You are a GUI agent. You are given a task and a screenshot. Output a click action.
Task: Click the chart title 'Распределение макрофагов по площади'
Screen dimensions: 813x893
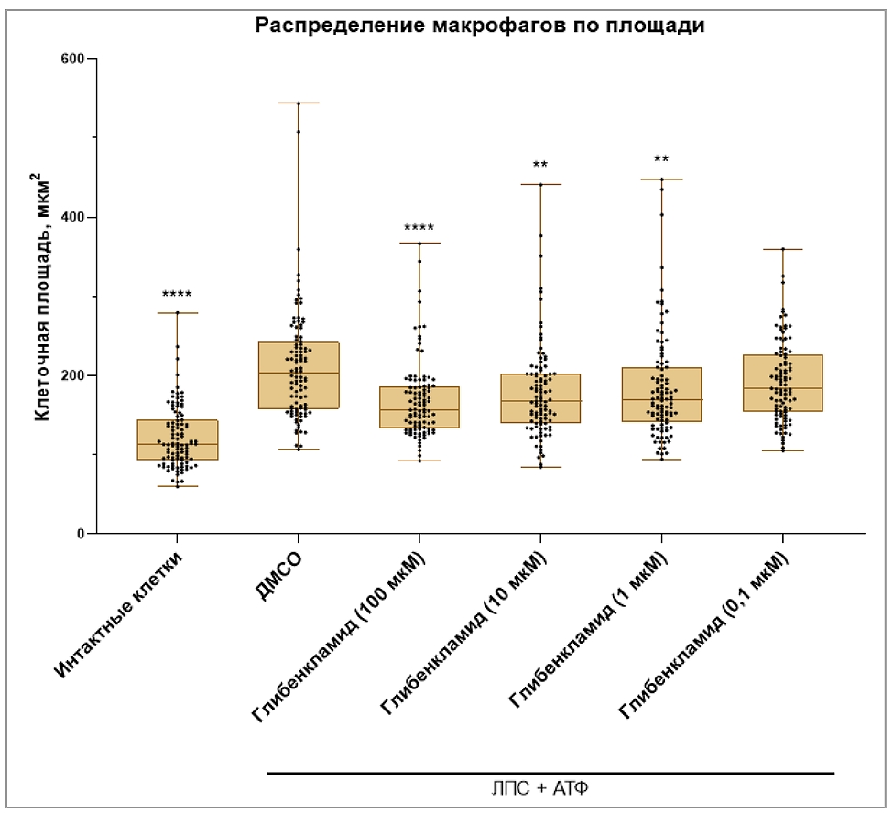479,26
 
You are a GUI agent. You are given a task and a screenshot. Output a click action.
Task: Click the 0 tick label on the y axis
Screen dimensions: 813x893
81,535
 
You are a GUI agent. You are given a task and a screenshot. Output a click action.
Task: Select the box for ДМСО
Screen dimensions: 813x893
299,375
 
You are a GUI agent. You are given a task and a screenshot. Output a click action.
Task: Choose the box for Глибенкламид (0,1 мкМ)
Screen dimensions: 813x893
782,383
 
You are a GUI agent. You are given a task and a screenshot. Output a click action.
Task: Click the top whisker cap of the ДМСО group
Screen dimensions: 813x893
299,103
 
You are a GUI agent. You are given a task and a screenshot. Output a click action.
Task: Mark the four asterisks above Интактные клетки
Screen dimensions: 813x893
178,295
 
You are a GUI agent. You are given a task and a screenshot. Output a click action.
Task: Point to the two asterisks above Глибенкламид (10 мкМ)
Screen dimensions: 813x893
540,166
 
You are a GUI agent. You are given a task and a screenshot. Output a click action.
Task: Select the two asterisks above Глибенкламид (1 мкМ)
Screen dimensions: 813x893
661,159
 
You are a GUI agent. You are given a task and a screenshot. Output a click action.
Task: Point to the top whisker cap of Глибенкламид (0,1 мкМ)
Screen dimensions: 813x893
782,249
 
